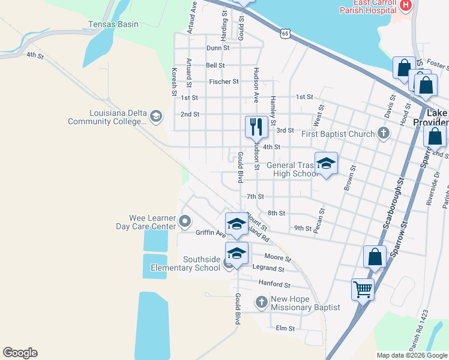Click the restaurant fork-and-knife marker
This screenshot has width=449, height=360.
[x=256, y=127]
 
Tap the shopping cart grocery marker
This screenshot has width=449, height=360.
[x=363, y=289]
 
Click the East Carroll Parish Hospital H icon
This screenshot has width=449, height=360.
[x=406, y=5]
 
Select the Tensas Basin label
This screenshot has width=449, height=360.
[x=113, y=25]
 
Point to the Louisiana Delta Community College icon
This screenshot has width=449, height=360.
[x=156, y=116]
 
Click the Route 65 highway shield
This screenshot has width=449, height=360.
[x=285, y=34]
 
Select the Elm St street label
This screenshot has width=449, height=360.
[x=285, y=328]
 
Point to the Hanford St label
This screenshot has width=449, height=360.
[x=274, y=284]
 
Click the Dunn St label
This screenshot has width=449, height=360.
[x=218, y=48]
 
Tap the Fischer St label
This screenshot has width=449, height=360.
[x=224, y=82]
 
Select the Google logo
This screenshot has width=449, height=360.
[x=20, y=353]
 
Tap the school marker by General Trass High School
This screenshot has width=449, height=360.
[x=326, y=163]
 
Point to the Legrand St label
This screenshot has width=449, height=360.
[x=268, y=268]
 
